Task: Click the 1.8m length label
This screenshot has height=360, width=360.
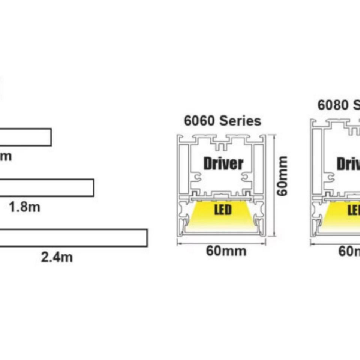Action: pos(25,207)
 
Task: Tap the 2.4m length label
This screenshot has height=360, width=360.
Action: pos(57,257)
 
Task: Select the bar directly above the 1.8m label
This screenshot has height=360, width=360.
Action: pos(46,187)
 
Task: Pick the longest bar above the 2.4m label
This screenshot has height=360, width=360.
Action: pos(73,238)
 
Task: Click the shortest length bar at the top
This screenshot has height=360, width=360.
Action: pos(25,137)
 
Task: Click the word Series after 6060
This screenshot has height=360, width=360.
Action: pos(240,121)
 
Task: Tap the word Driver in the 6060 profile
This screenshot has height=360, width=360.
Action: pos(223,163)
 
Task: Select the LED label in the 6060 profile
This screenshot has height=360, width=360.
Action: pos(223,210)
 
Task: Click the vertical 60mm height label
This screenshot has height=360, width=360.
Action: pos(283,175)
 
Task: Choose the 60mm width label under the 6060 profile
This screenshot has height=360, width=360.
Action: pos(226,250)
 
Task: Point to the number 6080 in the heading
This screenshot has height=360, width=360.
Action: pos(333,105)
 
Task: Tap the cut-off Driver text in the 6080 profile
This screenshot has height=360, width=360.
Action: pos(348,164)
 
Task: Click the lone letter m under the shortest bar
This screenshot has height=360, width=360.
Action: pos(6,156)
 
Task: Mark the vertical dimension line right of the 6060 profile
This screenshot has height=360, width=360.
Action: pos(275,186)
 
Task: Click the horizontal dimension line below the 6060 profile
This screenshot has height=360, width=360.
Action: pos(221,243)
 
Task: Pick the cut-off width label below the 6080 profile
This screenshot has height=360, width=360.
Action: pos(349,250)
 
